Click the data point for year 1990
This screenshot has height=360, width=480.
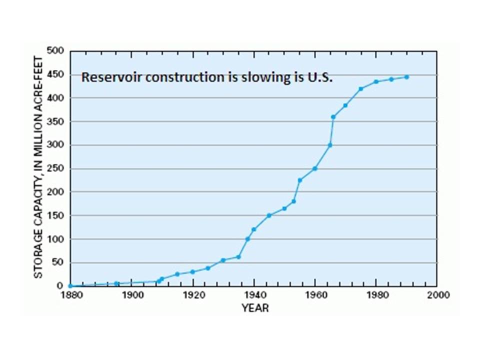(x=406, y=77)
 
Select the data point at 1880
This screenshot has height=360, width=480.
(x=70, y=286)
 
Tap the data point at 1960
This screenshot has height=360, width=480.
(x=315, y=168)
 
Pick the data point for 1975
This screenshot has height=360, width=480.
(x=361, y=89)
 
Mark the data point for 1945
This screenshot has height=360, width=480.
(x=269, y=215)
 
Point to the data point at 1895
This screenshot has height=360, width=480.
(x=116, y=283)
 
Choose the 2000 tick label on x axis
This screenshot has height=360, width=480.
(x=437, y=295)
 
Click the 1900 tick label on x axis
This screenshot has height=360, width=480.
(x=131, y=295)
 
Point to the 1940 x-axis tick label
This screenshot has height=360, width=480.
(x=254, y=295)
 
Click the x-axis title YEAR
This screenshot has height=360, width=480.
(x=255, y=308)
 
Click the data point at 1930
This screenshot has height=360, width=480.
(x=223, y=260)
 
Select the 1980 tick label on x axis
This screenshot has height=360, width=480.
(x=376, y=295)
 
